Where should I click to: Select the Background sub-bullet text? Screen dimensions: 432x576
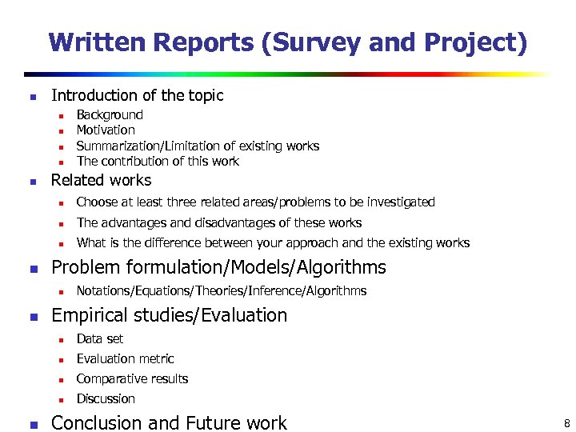tap(110, 115)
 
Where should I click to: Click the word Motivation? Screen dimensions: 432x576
tap(106, 130)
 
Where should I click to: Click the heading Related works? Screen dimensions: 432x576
tap(101, 180)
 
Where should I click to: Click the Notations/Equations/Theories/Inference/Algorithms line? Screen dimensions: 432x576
tap(222, 290)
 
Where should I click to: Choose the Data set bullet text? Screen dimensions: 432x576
tap(100, 339)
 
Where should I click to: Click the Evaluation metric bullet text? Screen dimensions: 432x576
tap(125, 359)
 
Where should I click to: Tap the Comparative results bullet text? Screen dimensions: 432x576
tap(132, 379)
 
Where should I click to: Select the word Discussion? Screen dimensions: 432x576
tap(106, 399)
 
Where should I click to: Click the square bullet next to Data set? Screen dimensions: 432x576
tap(59, 340)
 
